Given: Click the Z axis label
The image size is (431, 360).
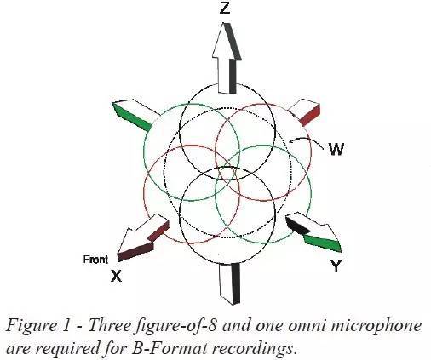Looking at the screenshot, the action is point(225,8).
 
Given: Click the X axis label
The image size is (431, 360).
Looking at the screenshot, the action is point(116,276).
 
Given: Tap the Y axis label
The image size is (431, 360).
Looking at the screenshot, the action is point(336,266).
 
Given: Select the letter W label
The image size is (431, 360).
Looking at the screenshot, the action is point(336,149).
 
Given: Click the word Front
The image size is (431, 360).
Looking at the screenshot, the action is point(95,260).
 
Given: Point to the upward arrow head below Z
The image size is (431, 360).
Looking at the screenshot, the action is point(227,42).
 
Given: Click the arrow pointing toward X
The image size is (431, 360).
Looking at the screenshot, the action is point(143,237).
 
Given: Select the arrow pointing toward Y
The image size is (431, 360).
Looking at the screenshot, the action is point(313,232).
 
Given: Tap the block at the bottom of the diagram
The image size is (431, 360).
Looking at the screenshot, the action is point(229,283).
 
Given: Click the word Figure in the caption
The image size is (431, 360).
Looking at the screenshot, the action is point(32,326).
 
